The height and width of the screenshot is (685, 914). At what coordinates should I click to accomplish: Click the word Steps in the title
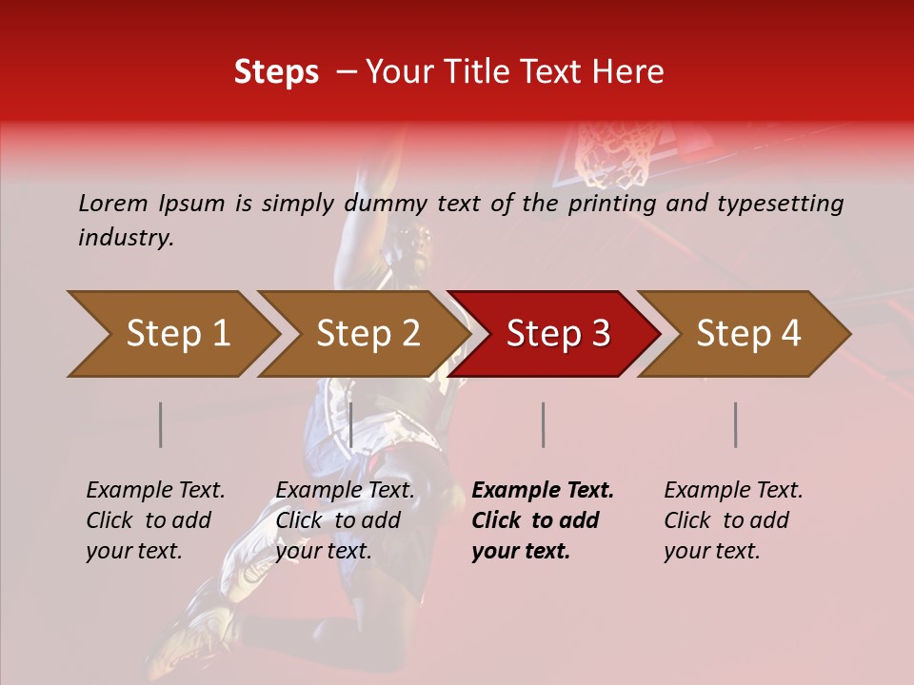pyautogui.click(x=276, y=72)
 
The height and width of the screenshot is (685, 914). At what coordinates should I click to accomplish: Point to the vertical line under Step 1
pyautogui.click(x=161, y=424)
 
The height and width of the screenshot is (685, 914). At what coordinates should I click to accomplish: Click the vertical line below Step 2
pyautogui.click(x=351, y=424)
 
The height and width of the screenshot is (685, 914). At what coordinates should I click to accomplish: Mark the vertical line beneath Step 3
pyautogui.click(x=543, y=424)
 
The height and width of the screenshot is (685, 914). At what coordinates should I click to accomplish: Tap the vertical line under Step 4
pyautogui.click(x=736, y=424)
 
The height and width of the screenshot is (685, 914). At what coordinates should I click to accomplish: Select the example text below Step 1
pyautogui.click(x=155, y=520)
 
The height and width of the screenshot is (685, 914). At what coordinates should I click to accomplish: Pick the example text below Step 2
pyautogui.click(x=345, y=520)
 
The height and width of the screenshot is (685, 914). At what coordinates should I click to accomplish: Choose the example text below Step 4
pyautogui.click(x=733, y=520)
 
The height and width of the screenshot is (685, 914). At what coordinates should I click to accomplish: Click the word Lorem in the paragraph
pyautogui.click(x=113, y=203)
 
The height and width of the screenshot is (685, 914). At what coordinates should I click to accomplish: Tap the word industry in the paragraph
pyautogui.click(x=124, y=238)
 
